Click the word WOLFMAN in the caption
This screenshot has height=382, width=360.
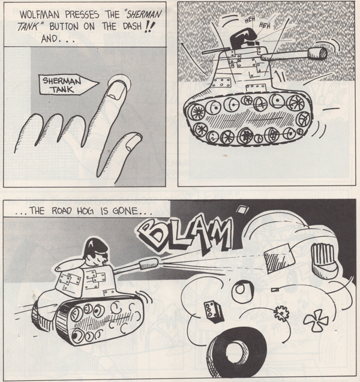40,14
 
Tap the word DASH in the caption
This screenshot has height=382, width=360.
133,26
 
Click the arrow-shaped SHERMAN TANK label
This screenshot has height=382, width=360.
69,85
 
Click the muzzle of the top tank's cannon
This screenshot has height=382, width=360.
317,54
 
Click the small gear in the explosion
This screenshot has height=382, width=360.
281,313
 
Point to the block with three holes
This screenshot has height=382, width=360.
214,311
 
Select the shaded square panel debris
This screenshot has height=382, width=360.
280,258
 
